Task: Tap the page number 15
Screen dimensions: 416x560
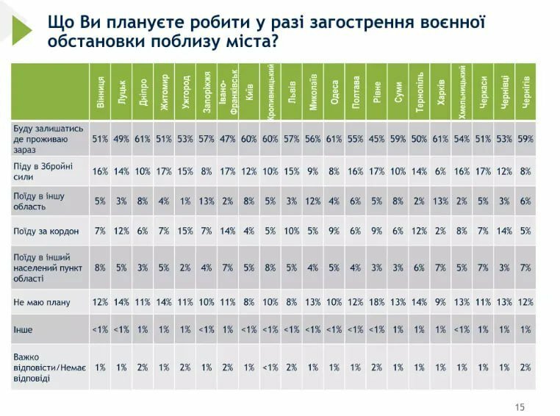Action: click(520, 407)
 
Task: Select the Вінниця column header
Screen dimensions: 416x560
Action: click(100, 93)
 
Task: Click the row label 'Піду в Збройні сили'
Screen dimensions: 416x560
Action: click(44, 171)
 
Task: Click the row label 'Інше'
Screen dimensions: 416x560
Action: click(24, 330)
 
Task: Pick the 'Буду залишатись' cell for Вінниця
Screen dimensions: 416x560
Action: click(100, 138)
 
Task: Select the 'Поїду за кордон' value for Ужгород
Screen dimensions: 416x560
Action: click(185, 230)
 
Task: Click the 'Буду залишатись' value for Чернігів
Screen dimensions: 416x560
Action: click(525, 138)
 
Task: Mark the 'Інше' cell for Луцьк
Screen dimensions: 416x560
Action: click(121, 330)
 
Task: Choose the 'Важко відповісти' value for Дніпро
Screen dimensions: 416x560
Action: click(143, 367)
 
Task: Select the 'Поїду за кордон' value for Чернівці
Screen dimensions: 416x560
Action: click(504, 230)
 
